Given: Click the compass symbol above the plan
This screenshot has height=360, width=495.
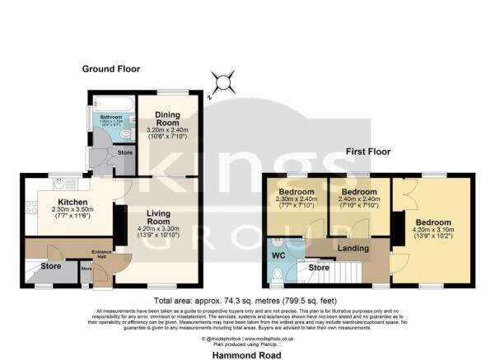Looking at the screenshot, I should tap(222, 83).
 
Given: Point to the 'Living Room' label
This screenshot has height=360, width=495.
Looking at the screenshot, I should tap(158, 217).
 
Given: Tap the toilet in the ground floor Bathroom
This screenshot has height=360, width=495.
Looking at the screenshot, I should tap(125, 133).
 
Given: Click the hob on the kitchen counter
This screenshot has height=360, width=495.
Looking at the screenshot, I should tap(31, 211).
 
